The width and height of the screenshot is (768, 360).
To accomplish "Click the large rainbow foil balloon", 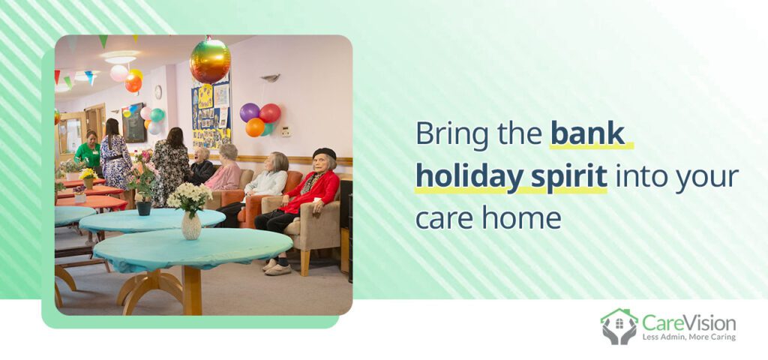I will pos(210,60).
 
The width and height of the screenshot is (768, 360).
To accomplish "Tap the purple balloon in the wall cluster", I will pos(249,112).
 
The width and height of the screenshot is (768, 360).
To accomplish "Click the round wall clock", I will pos(157,91).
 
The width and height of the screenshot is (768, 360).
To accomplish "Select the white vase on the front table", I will pos(191,224).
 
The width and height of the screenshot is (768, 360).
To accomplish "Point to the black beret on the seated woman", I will pos(324,153).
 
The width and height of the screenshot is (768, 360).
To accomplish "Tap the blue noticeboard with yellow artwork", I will pos(211,116).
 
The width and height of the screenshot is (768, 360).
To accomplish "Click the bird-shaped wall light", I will pos(271,77).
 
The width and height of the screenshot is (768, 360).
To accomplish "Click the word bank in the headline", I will pos(587,133).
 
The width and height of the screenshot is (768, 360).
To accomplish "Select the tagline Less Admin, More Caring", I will pos(688,337).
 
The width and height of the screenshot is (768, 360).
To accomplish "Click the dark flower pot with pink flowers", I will pos(143,207).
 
